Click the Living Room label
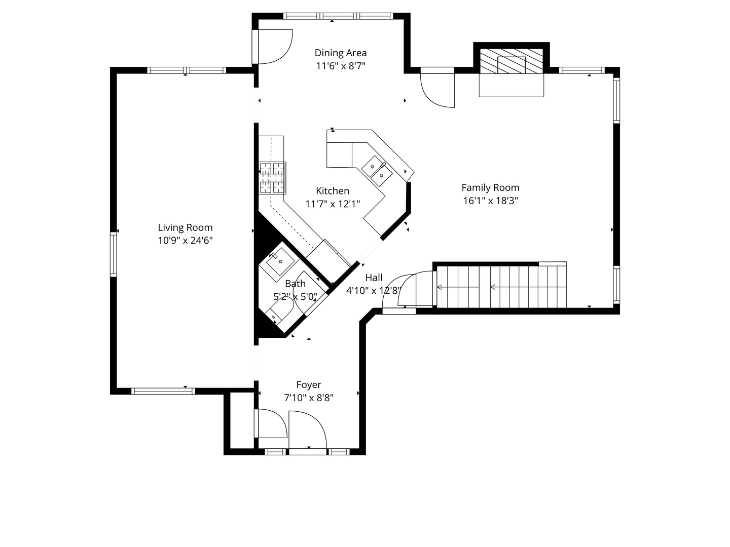click(185, 227)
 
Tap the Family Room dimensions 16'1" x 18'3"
click(491, 201)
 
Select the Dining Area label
click(341, 53)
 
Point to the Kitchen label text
click(333, 190)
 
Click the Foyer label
click(309, 384)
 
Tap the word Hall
click(374, 278)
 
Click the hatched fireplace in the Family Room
click(511, 61)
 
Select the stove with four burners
click(272, 178)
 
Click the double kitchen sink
click(377, 171)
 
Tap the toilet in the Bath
click(279, 310)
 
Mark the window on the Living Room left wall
click(114, 254)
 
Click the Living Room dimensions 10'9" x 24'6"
click(185, 241)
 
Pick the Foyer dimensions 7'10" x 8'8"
click(309, 398)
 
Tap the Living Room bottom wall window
click(163, 391)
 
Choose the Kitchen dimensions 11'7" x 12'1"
click(333, 204)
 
